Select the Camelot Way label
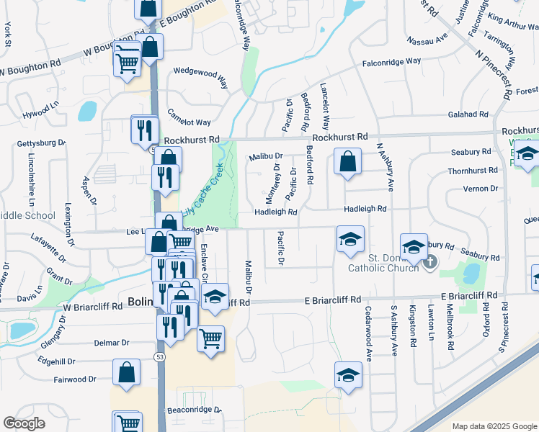(189, 117)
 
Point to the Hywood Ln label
(40, 110)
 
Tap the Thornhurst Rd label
(472, 171)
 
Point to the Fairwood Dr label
(76, 379)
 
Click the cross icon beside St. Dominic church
(430, 262)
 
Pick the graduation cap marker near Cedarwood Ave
(348, 375)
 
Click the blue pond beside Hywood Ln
(88, 111)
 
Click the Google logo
(24, 423)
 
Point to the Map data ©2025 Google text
(494, 426)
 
